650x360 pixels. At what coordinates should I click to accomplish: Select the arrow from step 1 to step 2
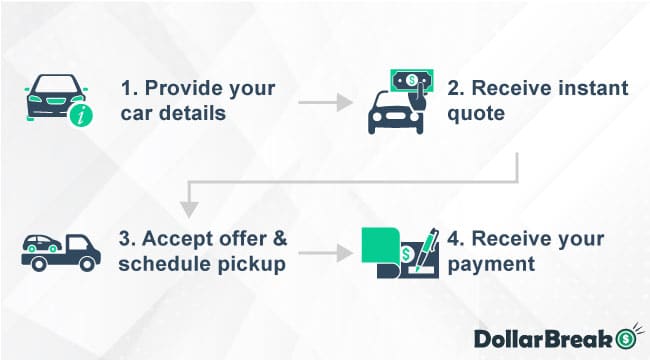(325, 102)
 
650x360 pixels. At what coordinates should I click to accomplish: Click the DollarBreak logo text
(541, 336)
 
